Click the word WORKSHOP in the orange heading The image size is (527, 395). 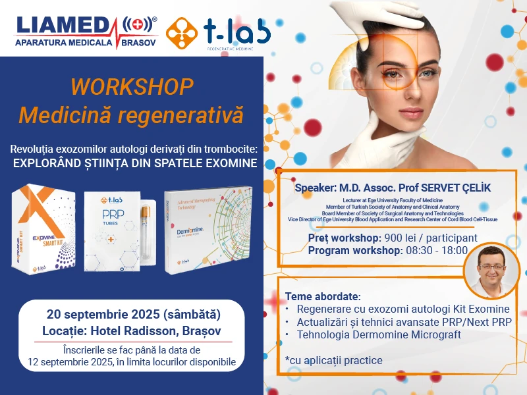tap(132, 87)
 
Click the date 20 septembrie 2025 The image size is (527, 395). tap(109, 313)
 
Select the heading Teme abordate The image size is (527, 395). tap(323, 296)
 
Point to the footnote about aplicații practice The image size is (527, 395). tap(333, 361)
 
